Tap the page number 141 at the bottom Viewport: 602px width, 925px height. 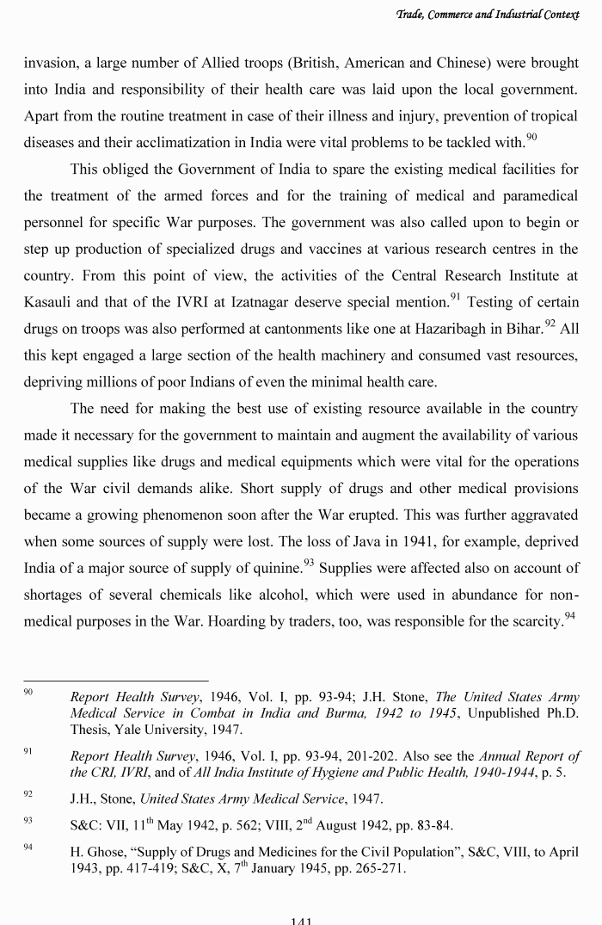(x=301, y=920)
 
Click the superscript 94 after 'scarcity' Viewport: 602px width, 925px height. (x=569, y=616)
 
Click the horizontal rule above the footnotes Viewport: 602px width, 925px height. (x=115, y=681)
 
